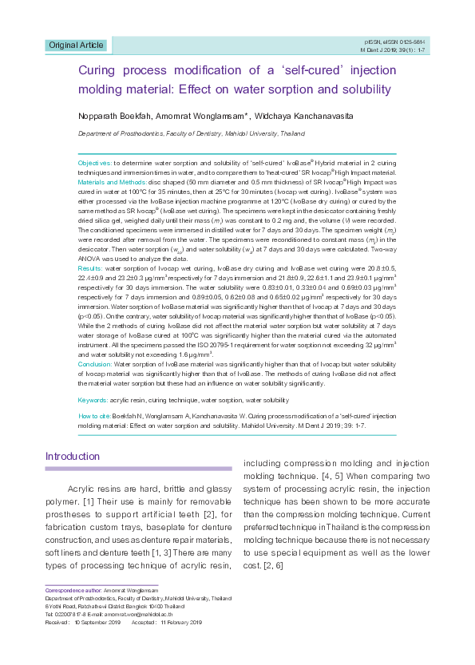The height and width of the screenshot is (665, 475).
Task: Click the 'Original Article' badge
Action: click(x=76, y=45)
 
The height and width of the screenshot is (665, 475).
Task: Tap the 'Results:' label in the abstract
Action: click(x=90, y=269)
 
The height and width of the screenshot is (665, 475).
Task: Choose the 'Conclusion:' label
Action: click(x=95, y=364)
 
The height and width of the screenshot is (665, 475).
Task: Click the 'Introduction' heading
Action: click(x=73, y=457)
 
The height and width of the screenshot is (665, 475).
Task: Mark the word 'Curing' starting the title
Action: click(x=98, y=70)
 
